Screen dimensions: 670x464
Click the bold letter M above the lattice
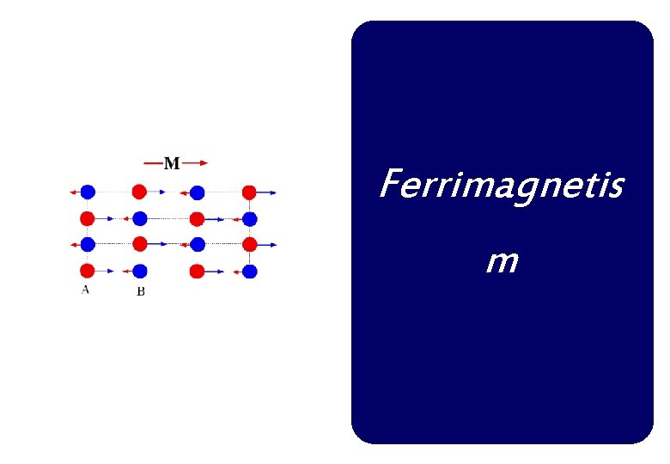[172, 163]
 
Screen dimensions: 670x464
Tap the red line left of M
[153, 162]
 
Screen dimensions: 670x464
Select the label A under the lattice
[85, 290]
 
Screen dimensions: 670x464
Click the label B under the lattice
[141, 291]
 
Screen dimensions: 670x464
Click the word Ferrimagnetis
[501, 184]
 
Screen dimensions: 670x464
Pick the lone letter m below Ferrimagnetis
[501, 259]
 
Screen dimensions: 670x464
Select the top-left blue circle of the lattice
[88, 192]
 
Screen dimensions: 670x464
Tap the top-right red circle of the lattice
[249, 192]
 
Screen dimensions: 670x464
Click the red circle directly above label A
[87, 271]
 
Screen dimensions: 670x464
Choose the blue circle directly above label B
[141, 271]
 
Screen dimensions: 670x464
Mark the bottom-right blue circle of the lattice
[249, 272]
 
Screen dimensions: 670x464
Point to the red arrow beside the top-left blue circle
[74, 192]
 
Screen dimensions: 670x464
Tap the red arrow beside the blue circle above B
[127, 271]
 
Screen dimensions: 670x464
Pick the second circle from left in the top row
[139, 192]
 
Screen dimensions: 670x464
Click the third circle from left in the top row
[197, 192]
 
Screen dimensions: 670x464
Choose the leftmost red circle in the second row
[87, 218]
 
